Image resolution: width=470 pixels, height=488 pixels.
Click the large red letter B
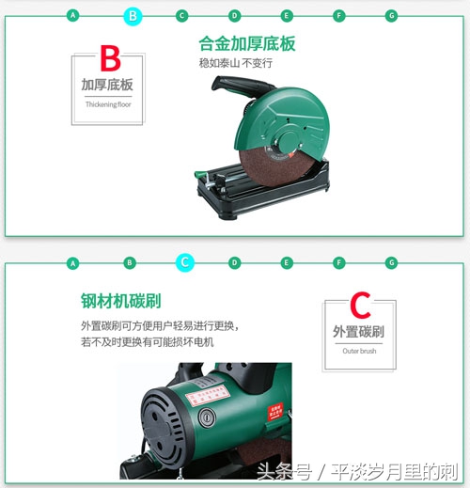[x=110, y=58]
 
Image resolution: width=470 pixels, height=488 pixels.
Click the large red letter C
[x=359, y=307]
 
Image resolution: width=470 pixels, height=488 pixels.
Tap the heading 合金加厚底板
[x=247, y=44]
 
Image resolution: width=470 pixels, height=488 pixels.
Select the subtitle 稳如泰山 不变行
[x=235, y=63]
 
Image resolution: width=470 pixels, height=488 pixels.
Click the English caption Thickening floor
[x=106, y=104]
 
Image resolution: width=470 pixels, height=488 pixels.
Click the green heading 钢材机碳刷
[x=120, y=301]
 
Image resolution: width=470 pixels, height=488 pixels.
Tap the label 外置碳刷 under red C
[x=358, y=332]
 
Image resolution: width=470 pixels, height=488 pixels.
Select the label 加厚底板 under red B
[x=107, y=85]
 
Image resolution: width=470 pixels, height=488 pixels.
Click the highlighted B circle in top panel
[x=133, y=16]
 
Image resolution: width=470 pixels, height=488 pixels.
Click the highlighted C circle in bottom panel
[x=185, y=262]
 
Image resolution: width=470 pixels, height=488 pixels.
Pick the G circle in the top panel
[x=392, y=16]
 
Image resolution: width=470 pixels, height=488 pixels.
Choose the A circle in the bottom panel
[x=72, y=262]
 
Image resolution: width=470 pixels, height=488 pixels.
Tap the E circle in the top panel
[x=287, y=16]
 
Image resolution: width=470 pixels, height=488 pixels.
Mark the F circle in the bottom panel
[x=339, y=262]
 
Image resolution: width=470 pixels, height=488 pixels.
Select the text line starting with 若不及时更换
[x=148, y=342]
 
